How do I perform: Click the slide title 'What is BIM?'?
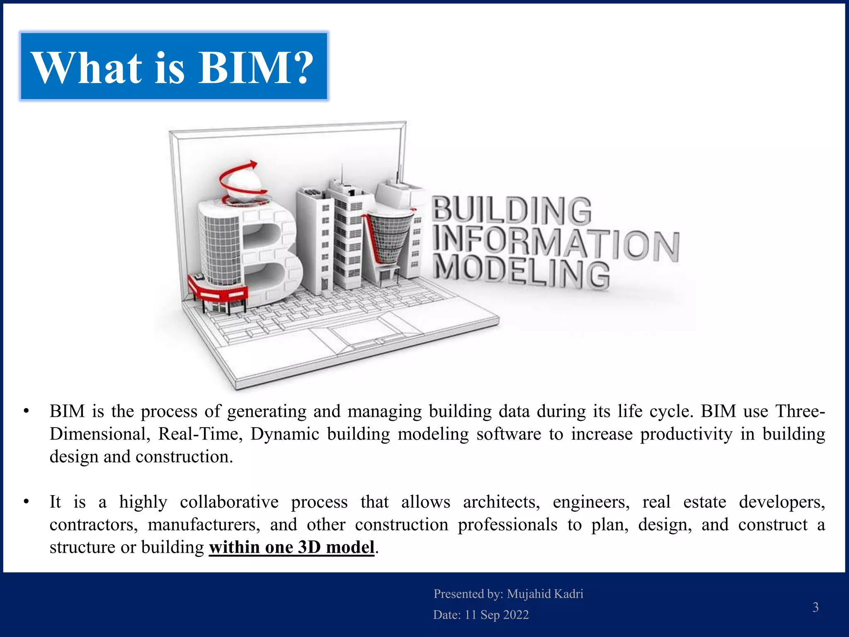pos(173,67)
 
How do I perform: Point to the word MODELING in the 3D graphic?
pos(522,272)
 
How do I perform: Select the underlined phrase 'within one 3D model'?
pos(291,547)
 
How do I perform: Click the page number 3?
pos(815,607)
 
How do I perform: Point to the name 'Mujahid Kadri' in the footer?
pos(545,594)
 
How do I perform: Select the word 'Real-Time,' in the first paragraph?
pos(200,434)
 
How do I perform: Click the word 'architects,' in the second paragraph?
pos(501,502)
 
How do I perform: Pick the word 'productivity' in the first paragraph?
pos(686,434)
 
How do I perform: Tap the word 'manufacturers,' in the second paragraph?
pos(204,525)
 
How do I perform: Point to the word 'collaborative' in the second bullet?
pos(229,502)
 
